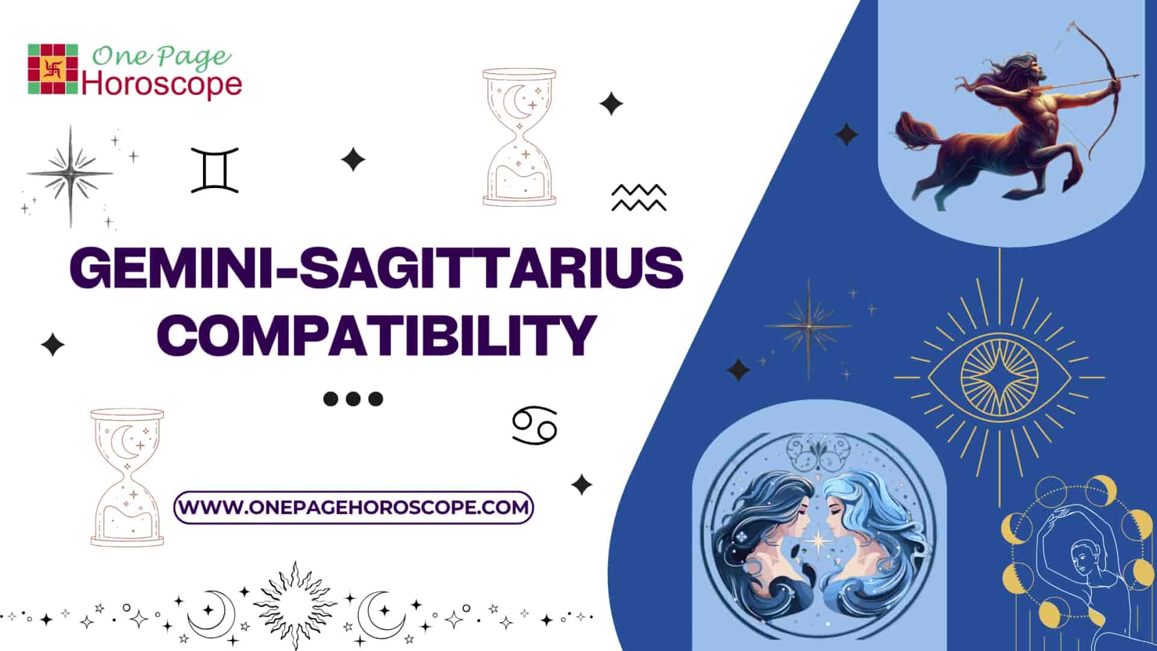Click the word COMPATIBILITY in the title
[380, 333]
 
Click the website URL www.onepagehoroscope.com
[354, 507]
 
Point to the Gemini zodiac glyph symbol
[215, 170]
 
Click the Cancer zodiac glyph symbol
[535, 426]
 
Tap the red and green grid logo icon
[53, 69]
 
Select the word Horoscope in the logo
[161, 85]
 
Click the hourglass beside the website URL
[127, 477]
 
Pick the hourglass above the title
[519, 137]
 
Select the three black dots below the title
[353, 398]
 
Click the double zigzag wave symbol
[639, 198]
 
